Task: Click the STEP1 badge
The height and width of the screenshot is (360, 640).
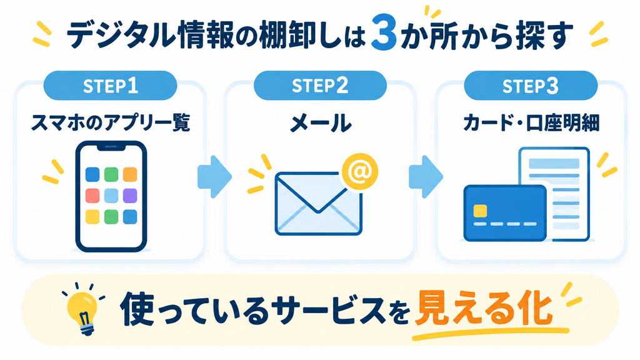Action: [x=110, y=86]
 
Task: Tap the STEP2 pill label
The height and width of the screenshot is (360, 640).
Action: [x=320, y=86]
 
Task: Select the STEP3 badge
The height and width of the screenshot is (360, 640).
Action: [x=531, y=86]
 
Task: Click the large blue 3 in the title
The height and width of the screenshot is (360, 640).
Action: [x=384, y=36]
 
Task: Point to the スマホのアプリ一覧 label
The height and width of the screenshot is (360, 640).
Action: [x=111, y=122]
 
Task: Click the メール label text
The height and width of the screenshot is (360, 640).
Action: [x=321, y=123]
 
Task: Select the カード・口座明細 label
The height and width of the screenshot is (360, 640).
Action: [x=531, y=122]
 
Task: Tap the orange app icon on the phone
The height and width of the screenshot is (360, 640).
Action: [x=130, y=174]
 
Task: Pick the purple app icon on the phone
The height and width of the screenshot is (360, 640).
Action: [x=130, y=196]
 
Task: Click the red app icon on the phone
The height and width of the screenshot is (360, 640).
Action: [x=92, y=196]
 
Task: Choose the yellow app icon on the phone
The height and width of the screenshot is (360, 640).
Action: [x=92, y=217]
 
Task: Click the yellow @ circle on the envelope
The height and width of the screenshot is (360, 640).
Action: [x=359, y=172]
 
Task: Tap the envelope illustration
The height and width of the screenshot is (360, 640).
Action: [x=318, y=203]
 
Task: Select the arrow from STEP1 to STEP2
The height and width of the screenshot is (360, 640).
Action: [x=215, y=177]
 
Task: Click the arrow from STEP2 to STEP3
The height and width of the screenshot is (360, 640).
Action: [x=426, y=177]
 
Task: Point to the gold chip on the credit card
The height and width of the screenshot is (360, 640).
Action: [x=480, y=211]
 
